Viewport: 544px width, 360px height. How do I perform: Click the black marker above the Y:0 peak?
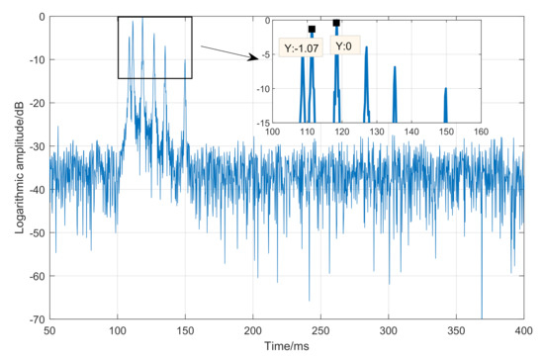click(336, 23)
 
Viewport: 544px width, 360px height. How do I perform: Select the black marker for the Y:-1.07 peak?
click(312, 29)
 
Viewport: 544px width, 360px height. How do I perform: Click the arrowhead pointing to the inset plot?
click(249, 57)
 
